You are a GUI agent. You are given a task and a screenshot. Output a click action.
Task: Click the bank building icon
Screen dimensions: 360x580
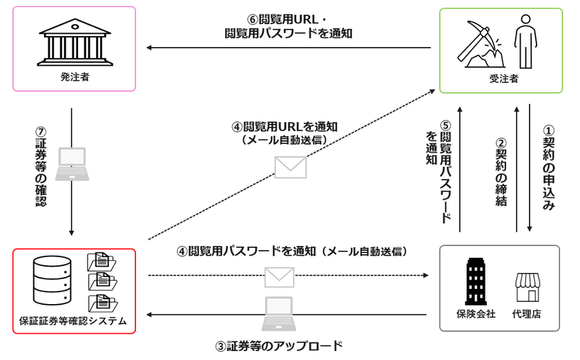pyautogui.click(x=75, y=41)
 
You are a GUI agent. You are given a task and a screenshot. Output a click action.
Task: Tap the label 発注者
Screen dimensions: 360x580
pyautogui.click(x=75, y=77)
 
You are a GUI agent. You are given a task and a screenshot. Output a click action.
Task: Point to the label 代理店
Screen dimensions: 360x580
pyautogui.click(x=527, y=314)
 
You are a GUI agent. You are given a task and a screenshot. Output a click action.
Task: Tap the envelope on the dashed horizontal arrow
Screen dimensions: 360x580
pyautogui.click(x=280, y=276)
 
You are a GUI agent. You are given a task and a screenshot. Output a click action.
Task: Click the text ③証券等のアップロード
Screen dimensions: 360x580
pyautogui.click(x=280, y=345)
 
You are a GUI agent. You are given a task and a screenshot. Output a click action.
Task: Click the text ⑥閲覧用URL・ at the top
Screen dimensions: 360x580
pyautogui.click(x=289, y=19)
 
